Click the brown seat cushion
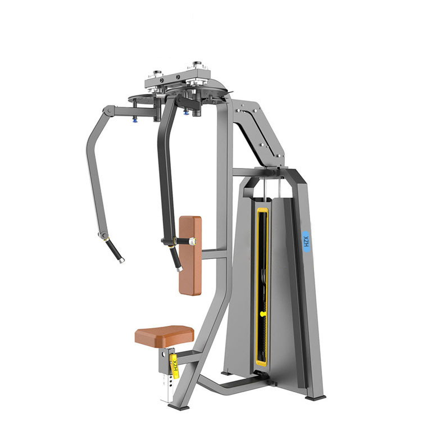point(165,336)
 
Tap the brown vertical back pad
point(190,256)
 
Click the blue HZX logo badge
point(307,241)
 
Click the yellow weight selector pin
point(264,314)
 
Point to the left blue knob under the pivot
point(135,120)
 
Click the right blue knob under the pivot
point(187,111)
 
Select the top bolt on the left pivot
point(157,73)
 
